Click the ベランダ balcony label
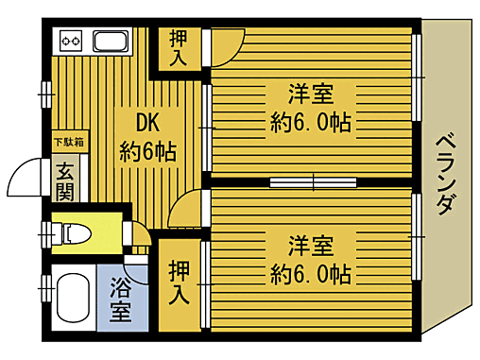449,176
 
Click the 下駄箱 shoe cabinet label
68,143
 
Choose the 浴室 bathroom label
121,298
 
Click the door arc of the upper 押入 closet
225,45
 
